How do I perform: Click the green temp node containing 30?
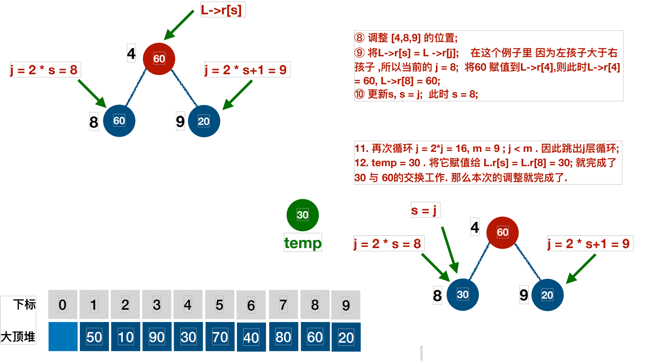303,215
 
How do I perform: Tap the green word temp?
303,243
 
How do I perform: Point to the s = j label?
425,210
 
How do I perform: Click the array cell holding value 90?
157,337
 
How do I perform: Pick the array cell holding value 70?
220,337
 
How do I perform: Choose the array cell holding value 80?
283,337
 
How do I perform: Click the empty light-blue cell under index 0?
63,337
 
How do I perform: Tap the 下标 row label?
24,304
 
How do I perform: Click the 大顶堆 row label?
18,337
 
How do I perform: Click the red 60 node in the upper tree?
159,59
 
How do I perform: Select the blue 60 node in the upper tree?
119,121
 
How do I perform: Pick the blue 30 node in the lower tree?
462,295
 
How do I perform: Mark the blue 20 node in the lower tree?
547,295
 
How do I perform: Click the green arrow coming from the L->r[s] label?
179,25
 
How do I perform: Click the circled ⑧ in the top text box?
359,38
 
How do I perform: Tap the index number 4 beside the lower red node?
475,227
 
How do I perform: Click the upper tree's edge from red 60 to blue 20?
184,88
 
